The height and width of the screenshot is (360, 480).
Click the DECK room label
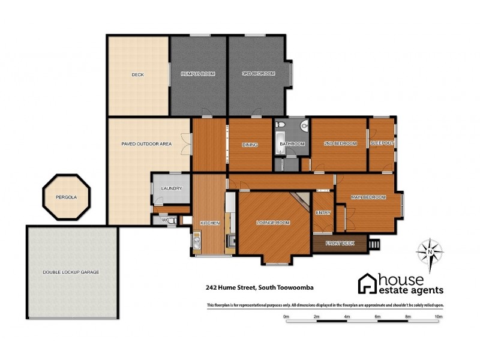(137, 74)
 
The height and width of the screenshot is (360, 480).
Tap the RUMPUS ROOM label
(198, 74)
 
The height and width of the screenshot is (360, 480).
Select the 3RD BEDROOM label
(258, 74)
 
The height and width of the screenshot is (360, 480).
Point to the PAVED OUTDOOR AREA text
(146, 144)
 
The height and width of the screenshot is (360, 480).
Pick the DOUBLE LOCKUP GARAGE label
(71, 272)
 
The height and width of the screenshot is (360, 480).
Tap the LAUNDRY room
(171, 189)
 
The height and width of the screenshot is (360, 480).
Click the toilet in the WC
(172, 220)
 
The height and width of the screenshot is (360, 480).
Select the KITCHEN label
(210, 223)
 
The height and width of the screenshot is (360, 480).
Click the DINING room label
(250, 145)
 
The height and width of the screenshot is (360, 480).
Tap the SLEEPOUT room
(382, 144)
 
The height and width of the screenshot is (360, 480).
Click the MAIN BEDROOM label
(368, 197)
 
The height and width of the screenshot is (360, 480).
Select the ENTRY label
(323, 212)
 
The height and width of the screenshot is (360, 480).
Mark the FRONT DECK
(340, 243)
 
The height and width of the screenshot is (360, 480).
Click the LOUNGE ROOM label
(273, 223)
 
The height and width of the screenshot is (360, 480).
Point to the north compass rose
(430, 252)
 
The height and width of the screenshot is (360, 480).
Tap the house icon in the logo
(367, 283)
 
